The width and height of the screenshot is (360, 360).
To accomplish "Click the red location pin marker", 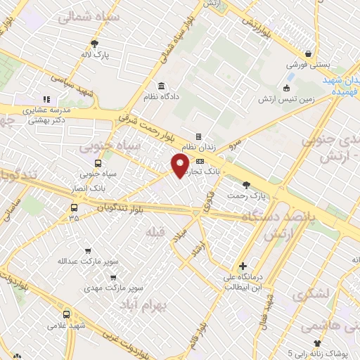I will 180,165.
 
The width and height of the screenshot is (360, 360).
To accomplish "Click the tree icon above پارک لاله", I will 94,43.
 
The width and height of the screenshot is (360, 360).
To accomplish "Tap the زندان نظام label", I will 196,148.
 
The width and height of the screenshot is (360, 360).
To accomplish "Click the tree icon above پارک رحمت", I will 245,186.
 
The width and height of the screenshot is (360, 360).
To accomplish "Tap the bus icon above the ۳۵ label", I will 74,207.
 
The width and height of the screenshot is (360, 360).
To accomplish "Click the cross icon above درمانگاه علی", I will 243,266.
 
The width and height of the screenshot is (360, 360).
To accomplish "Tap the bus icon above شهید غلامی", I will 66,314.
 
